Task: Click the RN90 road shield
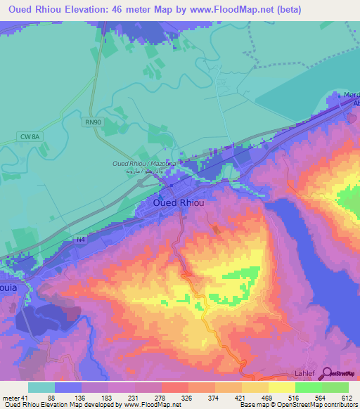tap(92, 122)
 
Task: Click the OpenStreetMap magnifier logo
tap(333, 375)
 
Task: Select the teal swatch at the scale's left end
tap(41, 387)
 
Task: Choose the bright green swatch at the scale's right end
tap(335, 387)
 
